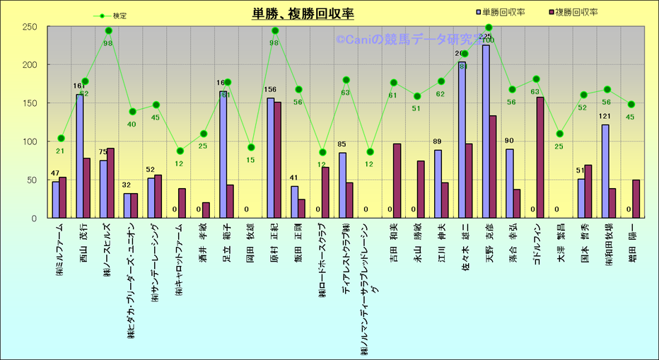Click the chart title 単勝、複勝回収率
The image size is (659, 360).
point(303,14)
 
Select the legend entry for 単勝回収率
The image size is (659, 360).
point(505,12)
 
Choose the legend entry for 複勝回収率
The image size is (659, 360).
point(576,12)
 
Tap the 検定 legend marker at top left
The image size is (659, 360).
point(103,16)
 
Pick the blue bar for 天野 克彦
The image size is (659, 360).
point(486,132)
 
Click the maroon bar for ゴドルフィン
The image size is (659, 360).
point(540,157)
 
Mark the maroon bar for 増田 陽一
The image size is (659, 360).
point(636,199)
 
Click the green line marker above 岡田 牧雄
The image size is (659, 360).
point(250,147)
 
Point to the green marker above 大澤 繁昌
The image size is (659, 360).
point(560,134)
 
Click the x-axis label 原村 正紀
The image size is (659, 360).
point(274,244)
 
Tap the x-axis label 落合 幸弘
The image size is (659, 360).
point(513,244)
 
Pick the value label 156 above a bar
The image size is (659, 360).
point(270,90)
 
